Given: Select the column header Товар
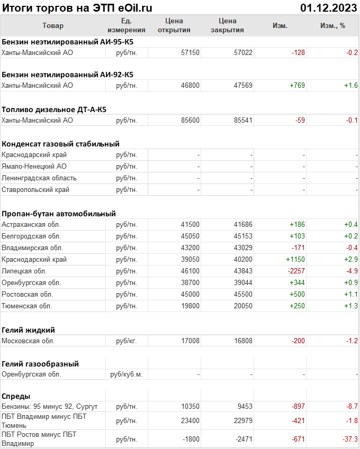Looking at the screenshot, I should [52, 25].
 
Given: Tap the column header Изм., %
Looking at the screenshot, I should [332, 25].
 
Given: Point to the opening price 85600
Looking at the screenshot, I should [190, 120].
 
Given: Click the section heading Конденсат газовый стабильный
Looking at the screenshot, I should [60, 143].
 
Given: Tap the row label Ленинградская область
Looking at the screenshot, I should [39, 178].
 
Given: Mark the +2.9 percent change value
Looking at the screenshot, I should [350, 259].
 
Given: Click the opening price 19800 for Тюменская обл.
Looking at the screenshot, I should [190, 306].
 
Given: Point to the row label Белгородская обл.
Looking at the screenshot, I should [31, 236].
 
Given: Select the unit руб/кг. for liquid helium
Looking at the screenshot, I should [127, 341].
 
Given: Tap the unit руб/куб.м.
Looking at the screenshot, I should [127, 374].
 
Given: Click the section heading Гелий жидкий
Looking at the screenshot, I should [28, 329].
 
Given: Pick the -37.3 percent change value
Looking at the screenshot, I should [348, 439].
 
